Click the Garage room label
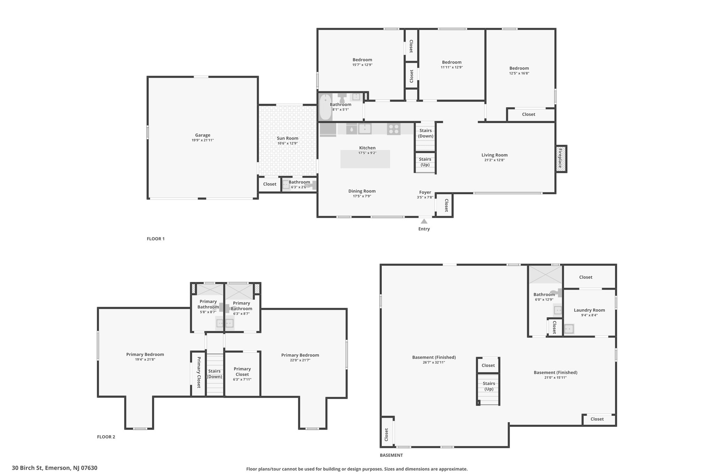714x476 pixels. pos(203,135)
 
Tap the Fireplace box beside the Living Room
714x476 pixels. pos(561,159)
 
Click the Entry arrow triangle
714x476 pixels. pos(424,221)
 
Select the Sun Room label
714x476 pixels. pos(288,138)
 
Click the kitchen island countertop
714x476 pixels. pos(365,159)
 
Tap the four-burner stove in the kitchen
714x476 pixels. pos(394,129)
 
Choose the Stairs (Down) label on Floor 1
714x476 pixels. pos(426,133)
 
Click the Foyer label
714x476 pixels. pos(425,192)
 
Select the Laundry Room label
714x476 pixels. pos(589,310)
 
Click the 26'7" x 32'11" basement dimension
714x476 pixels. pos(434,362)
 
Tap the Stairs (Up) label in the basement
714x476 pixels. pos(489,386)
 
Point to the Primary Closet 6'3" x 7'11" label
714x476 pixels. pos(242,374)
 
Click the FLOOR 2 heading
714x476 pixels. pos(106,437)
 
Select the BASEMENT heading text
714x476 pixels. pos(391,455)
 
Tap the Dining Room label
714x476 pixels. pos(362,191)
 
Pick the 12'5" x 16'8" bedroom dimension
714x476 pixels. pos(519,73)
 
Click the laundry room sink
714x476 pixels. pos(569,329)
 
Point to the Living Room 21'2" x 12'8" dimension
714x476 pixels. pos(494,160)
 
